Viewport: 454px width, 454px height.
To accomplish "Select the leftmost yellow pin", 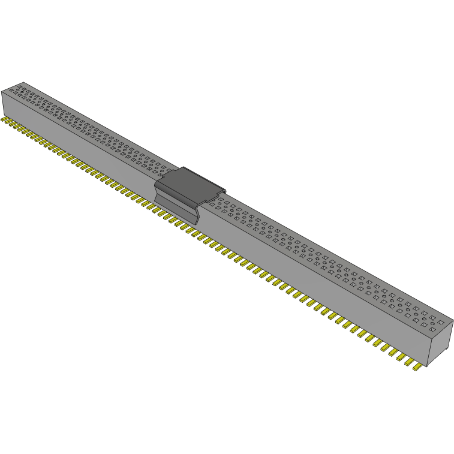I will [4, 121].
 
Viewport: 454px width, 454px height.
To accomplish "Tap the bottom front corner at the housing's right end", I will [427, 367].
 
